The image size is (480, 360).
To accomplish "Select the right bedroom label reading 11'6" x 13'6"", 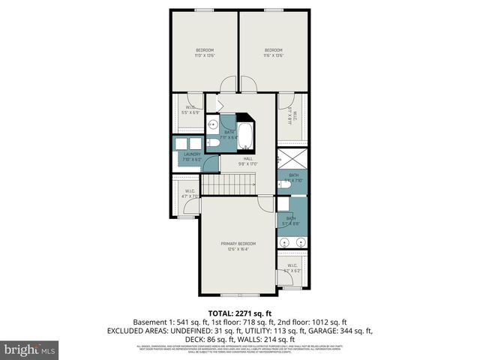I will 273,53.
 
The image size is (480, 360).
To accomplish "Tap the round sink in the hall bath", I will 212,125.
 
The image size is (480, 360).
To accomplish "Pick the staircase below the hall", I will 229,182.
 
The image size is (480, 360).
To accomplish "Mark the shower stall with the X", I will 292,160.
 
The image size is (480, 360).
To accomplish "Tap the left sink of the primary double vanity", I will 284,241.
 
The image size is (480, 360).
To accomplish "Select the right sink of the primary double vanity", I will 301,241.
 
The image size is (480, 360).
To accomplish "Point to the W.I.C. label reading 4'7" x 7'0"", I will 190,193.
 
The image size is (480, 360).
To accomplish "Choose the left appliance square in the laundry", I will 181,144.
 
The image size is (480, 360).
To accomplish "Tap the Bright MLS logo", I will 31,349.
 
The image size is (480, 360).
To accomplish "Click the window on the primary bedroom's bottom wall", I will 238,294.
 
